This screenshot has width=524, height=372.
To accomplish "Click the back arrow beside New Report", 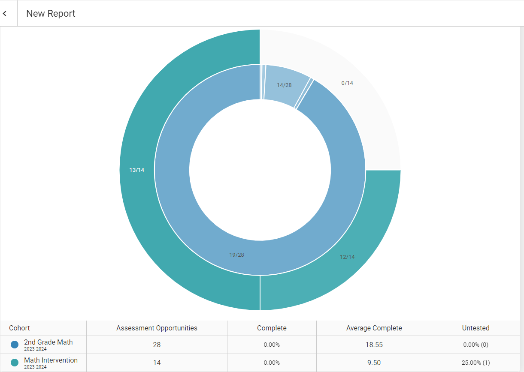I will coord(5,14).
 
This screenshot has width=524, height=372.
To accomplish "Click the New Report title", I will coord(51,14).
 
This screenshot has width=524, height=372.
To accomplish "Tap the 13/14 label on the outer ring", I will coord(137,170).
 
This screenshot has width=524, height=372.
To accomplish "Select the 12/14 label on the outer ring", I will coord(347,257).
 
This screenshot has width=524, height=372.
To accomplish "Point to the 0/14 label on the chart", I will coord(347,83).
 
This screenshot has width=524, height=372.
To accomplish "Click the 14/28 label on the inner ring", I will coord(284,85).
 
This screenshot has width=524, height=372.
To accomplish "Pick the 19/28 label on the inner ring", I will coord(236,255).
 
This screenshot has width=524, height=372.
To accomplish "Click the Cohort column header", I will coord(20,328).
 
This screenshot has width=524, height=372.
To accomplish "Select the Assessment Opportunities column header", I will coord(157,328).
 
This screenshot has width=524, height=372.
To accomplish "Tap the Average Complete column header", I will coord(374,328).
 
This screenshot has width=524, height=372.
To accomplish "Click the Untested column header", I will coord(476,328).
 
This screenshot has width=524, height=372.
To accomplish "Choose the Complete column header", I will coord(272,328).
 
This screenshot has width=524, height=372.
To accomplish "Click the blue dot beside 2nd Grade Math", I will coord(15,345).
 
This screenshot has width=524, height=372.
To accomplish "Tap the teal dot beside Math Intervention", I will coord(15,363).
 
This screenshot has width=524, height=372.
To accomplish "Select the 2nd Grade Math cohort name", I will coord(48,342).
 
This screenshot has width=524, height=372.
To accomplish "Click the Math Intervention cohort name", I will coord(51,360).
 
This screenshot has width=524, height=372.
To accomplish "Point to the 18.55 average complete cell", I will coord(374,345).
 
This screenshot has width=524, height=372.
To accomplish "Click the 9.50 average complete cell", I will coord(374,363).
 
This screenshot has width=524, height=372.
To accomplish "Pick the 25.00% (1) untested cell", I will coord(476,363).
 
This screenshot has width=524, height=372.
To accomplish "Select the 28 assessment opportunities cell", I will coord(157,345).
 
